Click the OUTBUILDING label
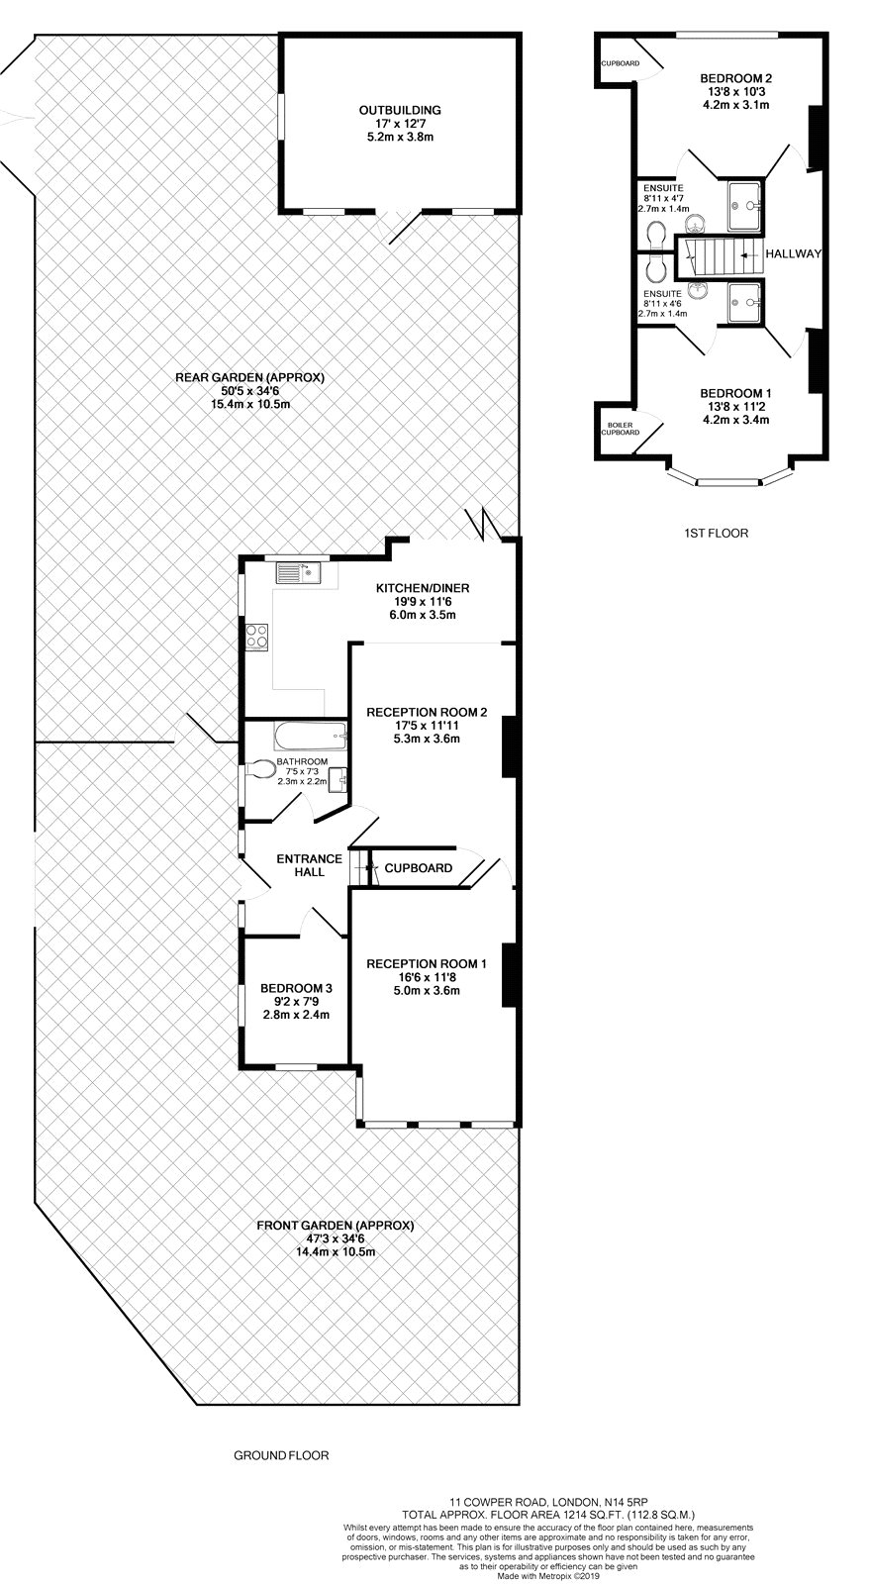(400, 110)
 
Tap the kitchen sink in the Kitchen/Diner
(298, 572)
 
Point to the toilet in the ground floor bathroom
(260, 769)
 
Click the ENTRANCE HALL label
(309, 865)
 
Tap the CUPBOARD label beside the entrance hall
(419, 868)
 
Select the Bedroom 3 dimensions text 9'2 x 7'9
(296, 1001)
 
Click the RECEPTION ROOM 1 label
(427, 964)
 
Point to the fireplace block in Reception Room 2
(509, 746)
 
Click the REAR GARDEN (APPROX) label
(249, 377)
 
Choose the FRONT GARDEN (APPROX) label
(336, 1226)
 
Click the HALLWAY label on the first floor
(794, 253)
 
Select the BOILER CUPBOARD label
(621, 429)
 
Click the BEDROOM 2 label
(735, 78)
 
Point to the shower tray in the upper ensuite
(744, 205)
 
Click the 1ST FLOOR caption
(716, 534)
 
